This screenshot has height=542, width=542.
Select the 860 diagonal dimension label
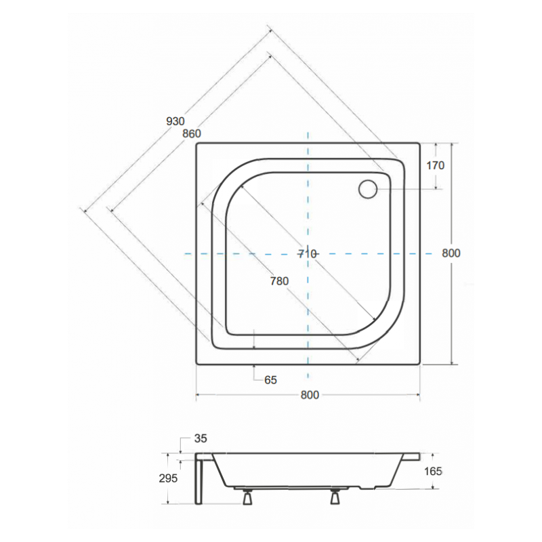(191, 133)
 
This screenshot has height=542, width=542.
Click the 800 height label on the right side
(451, 253)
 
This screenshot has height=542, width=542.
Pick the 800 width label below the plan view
(308, 396)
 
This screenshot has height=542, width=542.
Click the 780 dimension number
(278, 280)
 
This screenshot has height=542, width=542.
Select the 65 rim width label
(270, 379)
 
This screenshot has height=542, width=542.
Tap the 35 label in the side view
(201, 438)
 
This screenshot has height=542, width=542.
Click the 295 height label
(168, 478)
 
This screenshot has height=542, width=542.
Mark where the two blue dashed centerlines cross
(308, 253)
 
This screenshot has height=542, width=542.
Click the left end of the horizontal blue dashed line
(186, 253)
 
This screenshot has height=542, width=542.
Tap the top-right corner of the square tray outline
(420, 142)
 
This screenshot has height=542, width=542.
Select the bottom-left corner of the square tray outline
(196, 364)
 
